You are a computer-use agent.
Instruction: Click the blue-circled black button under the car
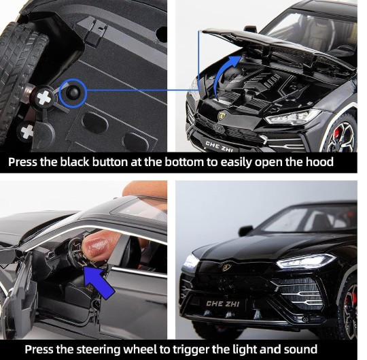73,92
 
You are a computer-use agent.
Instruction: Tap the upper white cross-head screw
44,98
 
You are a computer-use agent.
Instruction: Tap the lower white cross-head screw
27,131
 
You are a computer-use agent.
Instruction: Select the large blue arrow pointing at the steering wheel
99,282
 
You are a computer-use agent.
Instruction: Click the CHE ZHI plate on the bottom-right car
223,304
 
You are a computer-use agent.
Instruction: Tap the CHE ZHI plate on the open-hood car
219,146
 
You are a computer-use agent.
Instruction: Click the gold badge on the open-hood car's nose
221,116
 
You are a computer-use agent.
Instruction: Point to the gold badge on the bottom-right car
226,267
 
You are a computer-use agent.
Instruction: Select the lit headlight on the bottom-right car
305,261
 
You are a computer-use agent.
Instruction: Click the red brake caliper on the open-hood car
337,135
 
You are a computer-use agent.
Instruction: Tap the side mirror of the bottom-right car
245,230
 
